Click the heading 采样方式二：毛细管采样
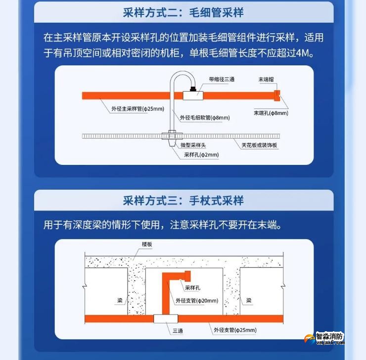183,12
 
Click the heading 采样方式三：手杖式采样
183,201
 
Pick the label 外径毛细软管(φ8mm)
205,117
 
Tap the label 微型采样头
193,145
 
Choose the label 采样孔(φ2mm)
201,154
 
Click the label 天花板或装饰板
260,145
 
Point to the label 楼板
147,245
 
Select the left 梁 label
120,300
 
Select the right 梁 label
249,300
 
